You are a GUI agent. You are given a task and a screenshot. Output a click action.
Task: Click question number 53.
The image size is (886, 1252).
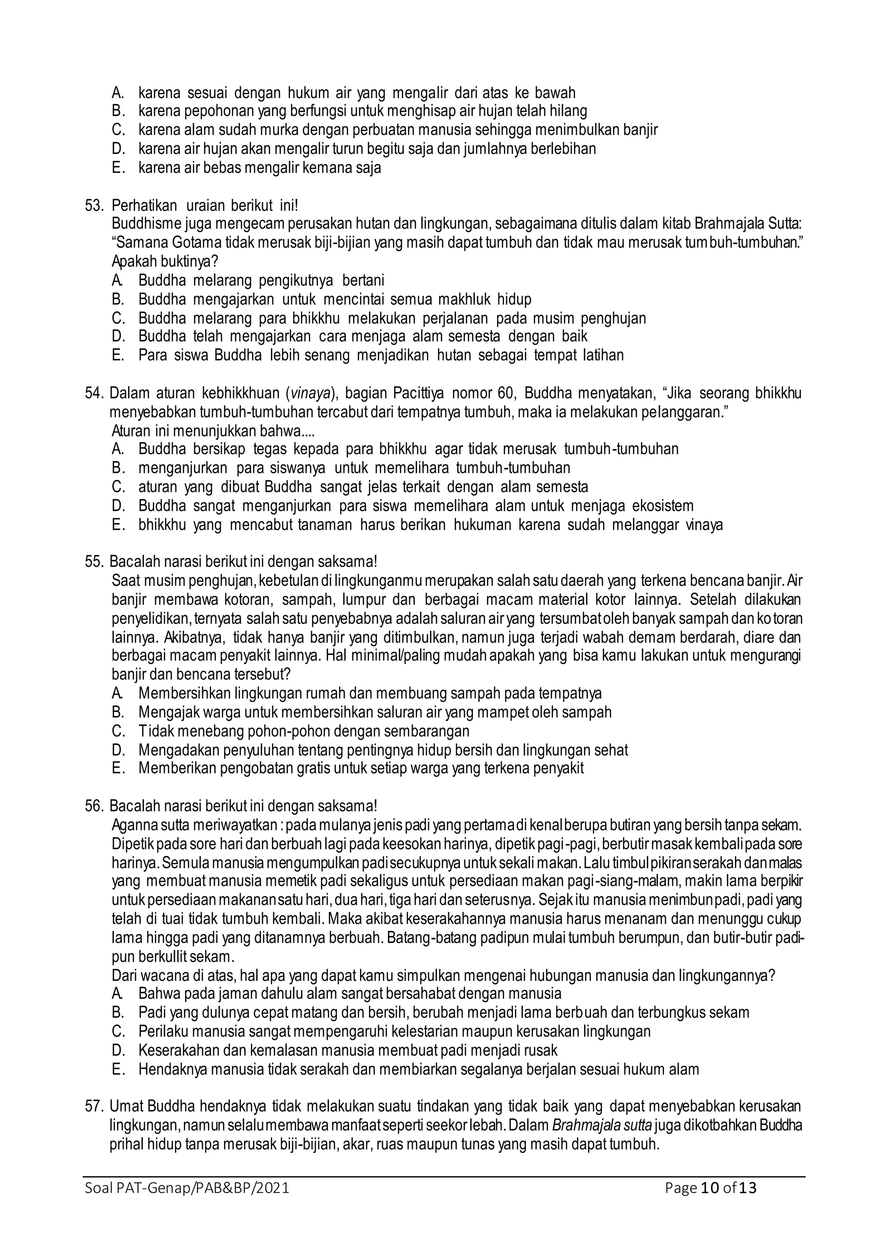click(94, 206)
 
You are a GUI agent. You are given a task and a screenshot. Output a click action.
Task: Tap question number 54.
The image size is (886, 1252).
click(94, 393)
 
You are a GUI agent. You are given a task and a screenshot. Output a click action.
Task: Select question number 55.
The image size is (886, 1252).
click(94, 561)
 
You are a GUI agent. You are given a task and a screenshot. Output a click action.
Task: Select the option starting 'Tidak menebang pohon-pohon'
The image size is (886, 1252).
click(303, 731)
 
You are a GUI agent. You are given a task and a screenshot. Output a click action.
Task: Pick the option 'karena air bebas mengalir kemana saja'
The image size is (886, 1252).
click(259, 167)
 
